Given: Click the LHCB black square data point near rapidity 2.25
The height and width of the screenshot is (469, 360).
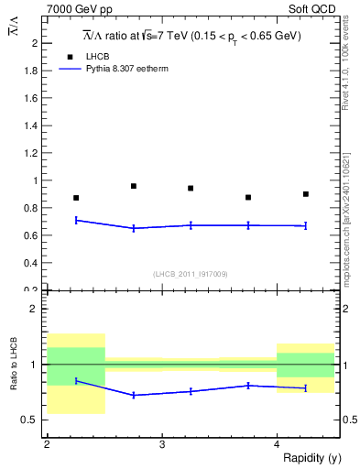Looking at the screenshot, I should pyautogui.click(x=76, y=198).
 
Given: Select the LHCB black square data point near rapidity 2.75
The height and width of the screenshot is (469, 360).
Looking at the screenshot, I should pyautogui.click(x=134, y=186).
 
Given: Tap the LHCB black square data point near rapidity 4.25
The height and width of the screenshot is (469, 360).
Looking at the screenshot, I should pyautogui.click(x=305, y=194).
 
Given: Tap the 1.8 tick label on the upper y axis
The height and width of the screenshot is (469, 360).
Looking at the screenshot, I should pyautogui.click(x=31, y=71).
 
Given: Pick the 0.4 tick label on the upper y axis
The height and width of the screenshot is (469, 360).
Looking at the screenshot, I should pyautogui.click(x=31, y=263).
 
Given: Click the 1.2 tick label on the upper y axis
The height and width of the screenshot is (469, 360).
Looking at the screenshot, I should pyautogui.click(x=31, y=153).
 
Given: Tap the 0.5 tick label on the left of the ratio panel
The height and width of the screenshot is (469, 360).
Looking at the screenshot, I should pyautogui.click(x=31, y=420).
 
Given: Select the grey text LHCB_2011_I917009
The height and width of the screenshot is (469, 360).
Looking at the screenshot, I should pyautogui.click(x=191, y=274).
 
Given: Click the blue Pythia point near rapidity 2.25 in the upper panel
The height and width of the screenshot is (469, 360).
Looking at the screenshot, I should pyautogui.click(x=76, y=220).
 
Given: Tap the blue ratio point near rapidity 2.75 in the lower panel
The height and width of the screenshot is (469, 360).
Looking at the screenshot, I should pyautogui.click(x=134, y=395).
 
